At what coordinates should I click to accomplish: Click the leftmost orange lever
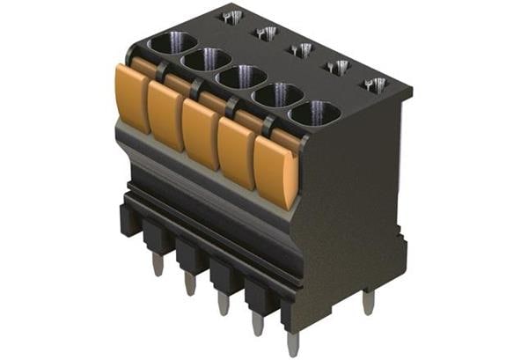[x=132, y=97]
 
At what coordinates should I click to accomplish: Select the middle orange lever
[x=201, y=132]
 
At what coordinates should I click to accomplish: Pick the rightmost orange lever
[x=275, y=171]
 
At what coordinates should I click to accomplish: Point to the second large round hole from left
[x=206, y=59]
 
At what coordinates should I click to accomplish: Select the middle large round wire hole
[x=241, y=77]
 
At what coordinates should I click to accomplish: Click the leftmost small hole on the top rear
[x=232, y=16]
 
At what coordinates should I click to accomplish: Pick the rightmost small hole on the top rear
[x=375, y=84]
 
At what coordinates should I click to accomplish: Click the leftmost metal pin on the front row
[x=158, y=262]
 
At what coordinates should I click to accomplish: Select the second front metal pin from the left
[x=189, y=282]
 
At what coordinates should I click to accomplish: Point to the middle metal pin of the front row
[x=223, y=302]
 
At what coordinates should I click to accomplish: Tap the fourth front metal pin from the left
[x=257, y=322]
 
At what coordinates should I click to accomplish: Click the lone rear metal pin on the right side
[x=368, y=302]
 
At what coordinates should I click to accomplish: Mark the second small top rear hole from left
[x=266, y=33]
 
